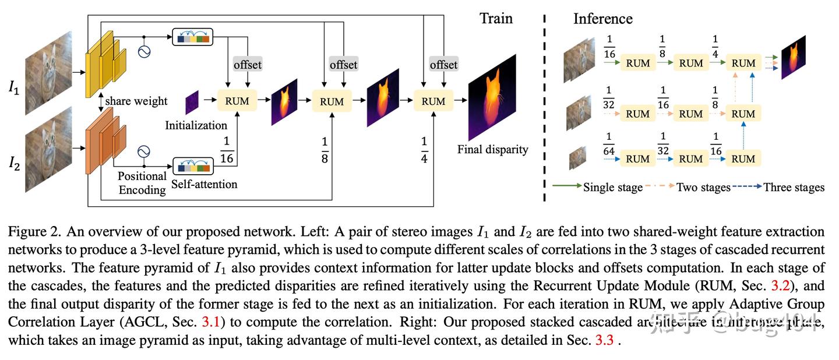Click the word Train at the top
click(x=496, y=19)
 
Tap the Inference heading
click(x=602, y=19)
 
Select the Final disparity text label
click(x=493, y=150)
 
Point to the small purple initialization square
click(x=192, y=102)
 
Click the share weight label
click(x=136, y=101)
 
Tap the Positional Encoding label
click(x=142, y=183)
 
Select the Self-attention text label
click(x=204, y=184)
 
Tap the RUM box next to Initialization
click(x=237, y=101)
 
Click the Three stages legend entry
click(x=794, y=188)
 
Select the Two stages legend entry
click(x=703, y=188)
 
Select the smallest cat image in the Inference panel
click(x=578, y=157)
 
